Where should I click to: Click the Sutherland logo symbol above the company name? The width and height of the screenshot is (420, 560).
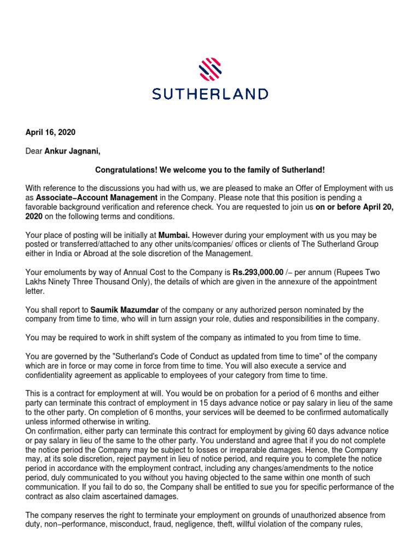click(x=210, y=70)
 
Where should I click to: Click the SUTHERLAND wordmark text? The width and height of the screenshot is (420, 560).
click(x=210, y=94)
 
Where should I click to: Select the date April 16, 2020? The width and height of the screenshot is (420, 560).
click(x=50, y=132)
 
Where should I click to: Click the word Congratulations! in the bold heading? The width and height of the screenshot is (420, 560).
click(x=127, y=170)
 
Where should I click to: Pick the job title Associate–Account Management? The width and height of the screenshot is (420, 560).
click(x=97, y=197)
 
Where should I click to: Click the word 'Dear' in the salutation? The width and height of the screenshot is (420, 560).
click(x=34, y=151)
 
